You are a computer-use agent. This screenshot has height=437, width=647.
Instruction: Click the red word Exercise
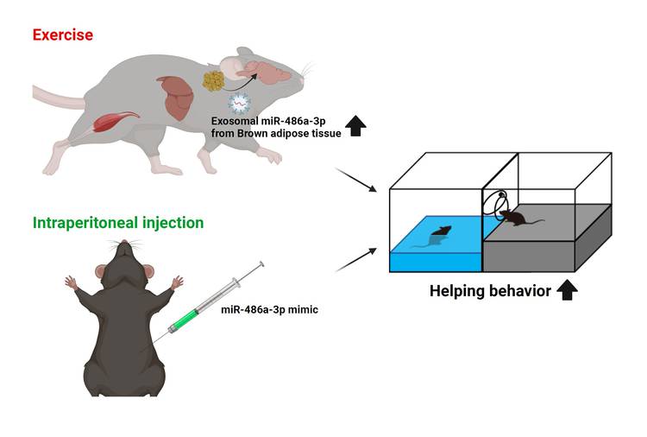tap(63, 35)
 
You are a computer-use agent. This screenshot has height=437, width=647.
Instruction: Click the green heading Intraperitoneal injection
tap(118, 223)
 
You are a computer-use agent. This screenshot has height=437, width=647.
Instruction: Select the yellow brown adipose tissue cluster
tap(214, 81)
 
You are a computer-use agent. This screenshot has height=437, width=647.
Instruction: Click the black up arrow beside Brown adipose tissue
tap(355, 126)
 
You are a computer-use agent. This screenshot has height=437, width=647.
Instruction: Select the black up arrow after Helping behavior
tap(566, 291)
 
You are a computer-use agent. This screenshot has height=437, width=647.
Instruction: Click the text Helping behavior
tap(490, 291)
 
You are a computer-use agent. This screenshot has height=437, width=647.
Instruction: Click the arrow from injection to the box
tap(355, 258)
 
